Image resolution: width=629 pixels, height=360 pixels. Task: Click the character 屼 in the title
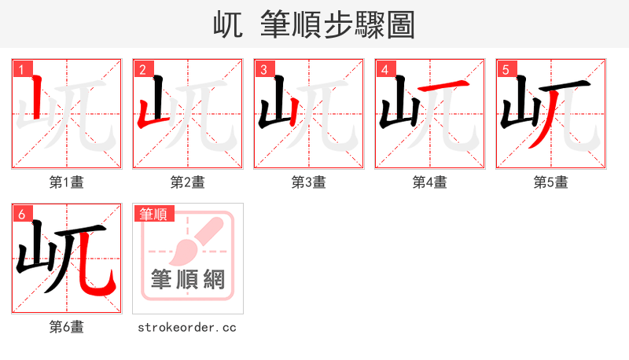pos(229,24)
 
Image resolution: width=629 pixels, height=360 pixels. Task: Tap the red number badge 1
pos(21,69)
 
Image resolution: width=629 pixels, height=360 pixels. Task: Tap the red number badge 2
pos(142,69)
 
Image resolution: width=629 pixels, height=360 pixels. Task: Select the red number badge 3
pos(263,69)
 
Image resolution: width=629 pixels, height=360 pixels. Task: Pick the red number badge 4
pos(384,69)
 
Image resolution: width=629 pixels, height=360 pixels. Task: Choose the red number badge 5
pos(506,69)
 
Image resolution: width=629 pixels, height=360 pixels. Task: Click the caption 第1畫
pos(67,182)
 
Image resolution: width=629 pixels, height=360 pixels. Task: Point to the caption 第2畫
pos(188,182)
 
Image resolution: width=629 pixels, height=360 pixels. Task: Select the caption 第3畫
pos(309,182)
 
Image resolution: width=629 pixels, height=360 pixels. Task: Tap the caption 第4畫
pos(430,182)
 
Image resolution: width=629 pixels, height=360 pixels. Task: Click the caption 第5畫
pos(551,182)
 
